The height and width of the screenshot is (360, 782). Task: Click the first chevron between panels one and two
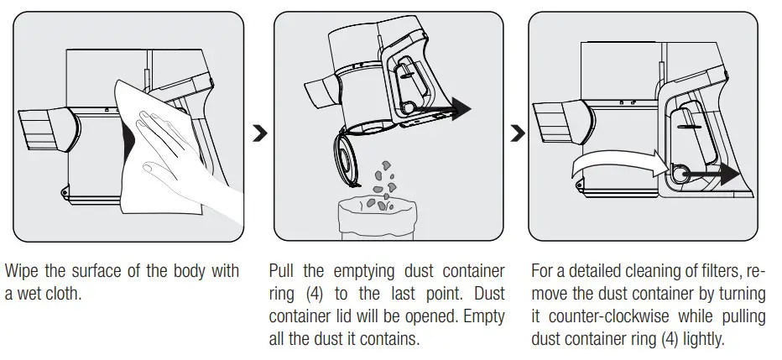point(260,133)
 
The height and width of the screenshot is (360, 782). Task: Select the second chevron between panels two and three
point(518,133)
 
